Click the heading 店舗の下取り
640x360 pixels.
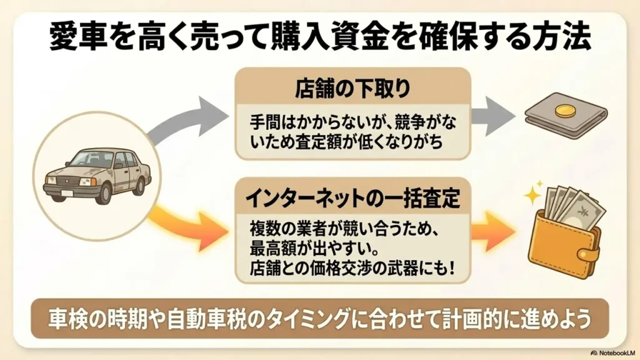(x=352, y=89)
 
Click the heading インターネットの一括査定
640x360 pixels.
(x=353, y=199)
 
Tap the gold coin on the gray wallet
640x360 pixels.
(x=565, y=110)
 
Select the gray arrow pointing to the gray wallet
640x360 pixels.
(x=492, y=116)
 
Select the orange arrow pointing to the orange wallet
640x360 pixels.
(x=492, y=232)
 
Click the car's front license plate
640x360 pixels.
(x=67, y=193)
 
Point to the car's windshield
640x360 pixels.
(x=90, y=159)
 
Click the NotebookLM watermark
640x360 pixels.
(x=612, y=352)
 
